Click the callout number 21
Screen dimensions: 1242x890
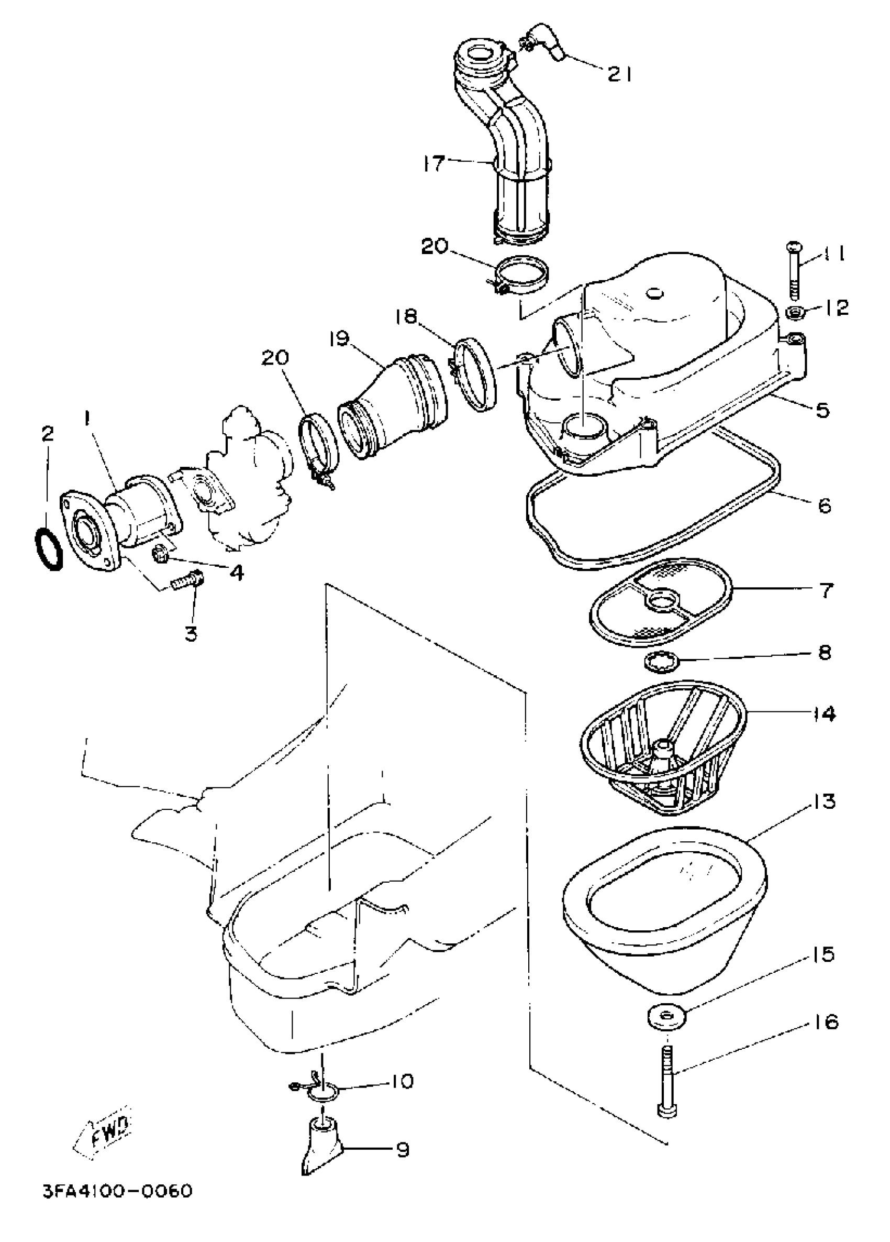point(619,74)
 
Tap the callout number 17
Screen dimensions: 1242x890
point(433,163)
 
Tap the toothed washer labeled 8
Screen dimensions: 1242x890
point(661,661)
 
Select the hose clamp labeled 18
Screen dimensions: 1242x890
point(475,374)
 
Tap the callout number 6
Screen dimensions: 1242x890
point(824,505)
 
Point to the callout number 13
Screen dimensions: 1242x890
point(822,801)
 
